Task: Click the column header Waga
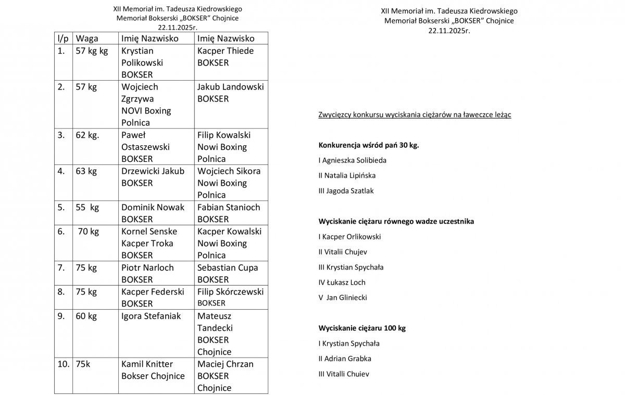click(x=87, y=39)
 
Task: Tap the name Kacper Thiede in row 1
click(x=226, y=51)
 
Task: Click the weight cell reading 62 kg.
click(x=87, y=135)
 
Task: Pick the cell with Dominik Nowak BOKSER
click(x=153, y=213)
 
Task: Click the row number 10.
click(x=63, y=364)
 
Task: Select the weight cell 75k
click(x=83, y=364)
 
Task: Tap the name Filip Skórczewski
click(x=230, y=292)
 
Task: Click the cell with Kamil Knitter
click(x=147, y=364)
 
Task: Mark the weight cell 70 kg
click(x=89, y=231)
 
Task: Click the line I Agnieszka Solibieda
click(x=353, y=160)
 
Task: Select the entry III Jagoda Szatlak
click(x=346, y=190)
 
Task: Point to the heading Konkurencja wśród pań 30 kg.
click(x=369, y=145)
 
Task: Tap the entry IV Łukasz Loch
click(x=342, y=282)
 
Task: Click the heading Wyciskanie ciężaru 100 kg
click(x=361, y=328)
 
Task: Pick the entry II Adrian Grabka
click(x=345, y=359)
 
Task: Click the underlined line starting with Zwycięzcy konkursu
click(x=414, y=114)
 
